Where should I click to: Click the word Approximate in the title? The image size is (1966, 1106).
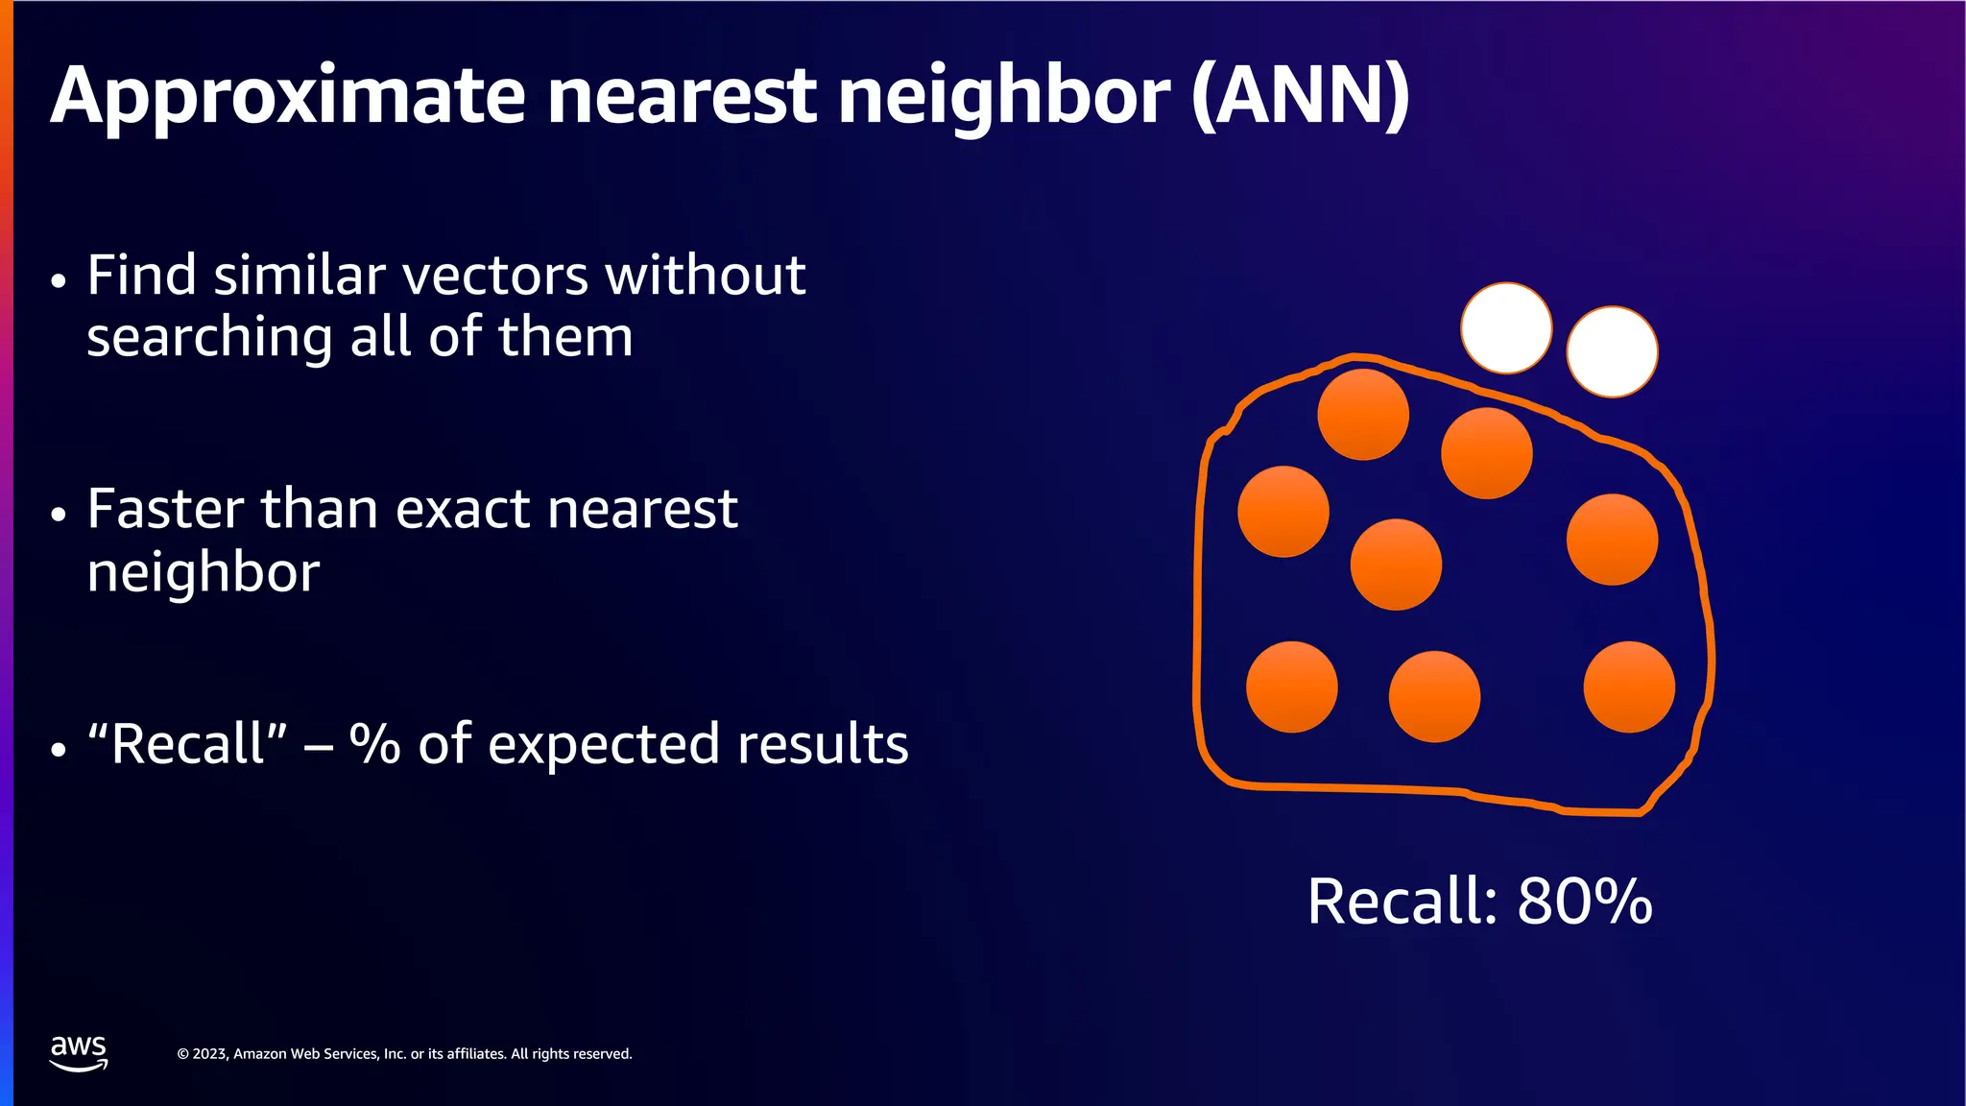tap(287, 98)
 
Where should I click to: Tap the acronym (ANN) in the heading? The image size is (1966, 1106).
tap(1301, 96)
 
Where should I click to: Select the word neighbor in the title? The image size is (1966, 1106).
tap(1004, 98)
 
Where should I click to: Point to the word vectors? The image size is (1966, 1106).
tap(495, 276)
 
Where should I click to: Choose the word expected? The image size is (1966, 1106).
tap(604, 745)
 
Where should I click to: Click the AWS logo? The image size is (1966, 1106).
tap(79, 1052)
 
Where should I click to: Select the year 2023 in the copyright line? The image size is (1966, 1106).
tap(210, 1054)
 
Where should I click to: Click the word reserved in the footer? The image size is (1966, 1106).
tap(602, 1054)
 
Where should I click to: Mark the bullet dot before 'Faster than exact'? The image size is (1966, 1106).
tap(60, 515)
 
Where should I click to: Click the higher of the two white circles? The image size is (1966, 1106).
tap(1506, 327)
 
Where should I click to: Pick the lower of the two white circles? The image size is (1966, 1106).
tap(1612, 351)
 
